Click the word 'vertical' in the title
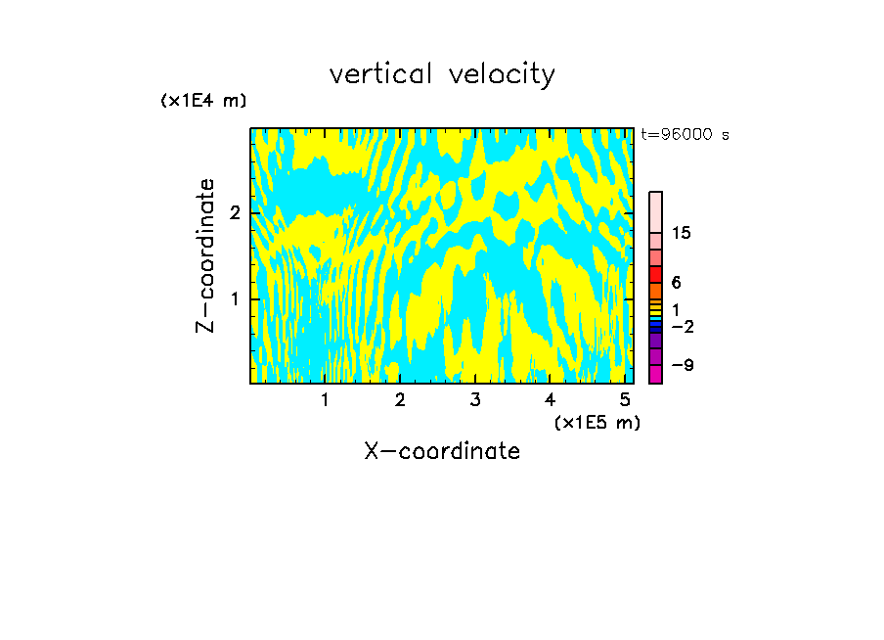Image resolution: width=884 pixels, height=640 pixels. (x=380, y=74)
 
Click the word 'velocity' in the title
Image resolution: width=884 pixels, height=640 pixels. (x=502, y=75)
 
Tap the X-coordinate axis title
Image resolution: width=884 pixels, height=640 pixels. (x=442, y=451)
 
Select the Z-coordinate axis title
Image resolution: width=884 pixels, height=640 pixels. (x=205, y=255)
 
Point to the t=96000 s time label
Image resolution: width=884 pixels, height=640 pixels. (x=685, y=135)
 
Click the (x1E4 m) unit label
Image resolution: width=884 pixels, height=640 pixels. (x=203, y=100)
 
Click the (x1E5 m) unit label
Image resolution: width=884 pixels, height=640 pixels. (x=597, y=422)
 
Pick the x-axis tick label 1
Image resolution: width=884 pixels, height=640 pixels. (x=325, y=399)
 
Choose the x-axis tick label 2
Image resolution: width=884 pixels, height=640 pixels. (x=400, y=399)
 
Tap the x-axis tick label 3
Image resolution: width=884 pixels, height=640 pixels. (x=474, y=399)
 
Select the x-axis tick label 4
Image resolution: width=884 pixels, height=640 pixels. (x=550, y=399)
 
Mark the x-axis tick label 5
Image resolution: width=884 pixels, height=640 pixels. (x=624, y=399)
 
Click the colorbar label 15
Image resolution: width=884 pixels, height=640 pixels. (x=682, y=233)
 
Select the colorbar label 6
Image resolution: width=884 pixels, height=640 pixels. (x=676, y=283)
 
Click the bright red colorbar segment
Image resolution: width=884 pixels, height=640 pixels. (x=655, y=274)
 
